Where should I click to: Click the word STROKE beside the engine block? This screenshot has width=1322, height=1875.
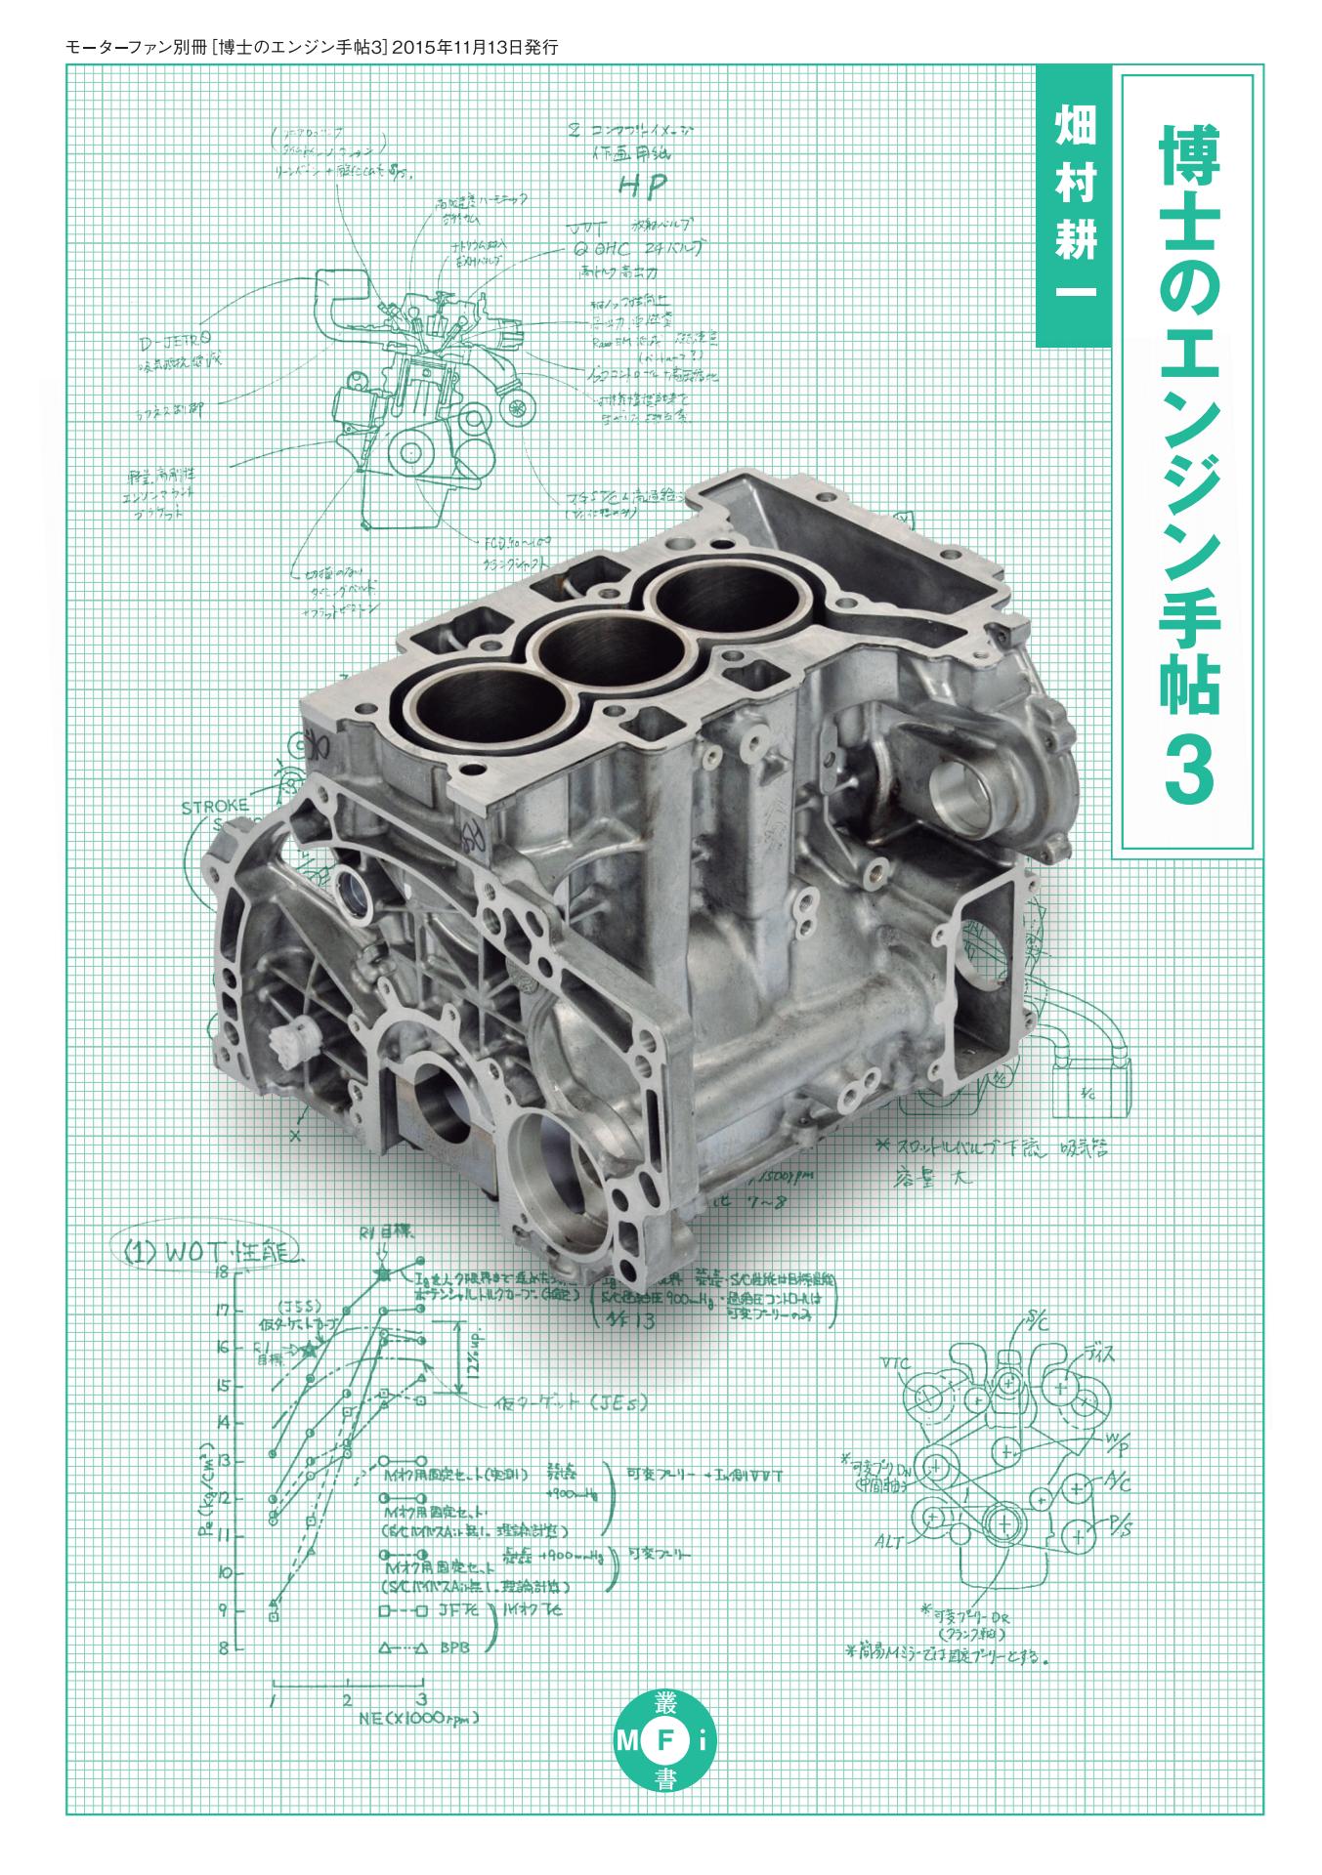(215, 807)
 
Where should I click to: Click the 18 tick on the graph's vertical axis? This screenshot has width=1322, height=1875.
(224, 1271)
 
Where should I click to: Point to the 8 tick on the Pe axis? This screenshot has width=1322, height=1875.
(224, 1648)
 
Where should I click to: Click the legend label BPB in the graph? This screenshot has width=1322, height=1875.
(454, 1647)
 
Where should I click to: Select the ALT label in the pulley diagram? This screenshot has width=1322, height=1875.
(889, 1542)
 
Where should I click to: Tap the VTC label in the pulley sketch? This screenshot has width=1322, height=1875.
(894, 1361)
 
